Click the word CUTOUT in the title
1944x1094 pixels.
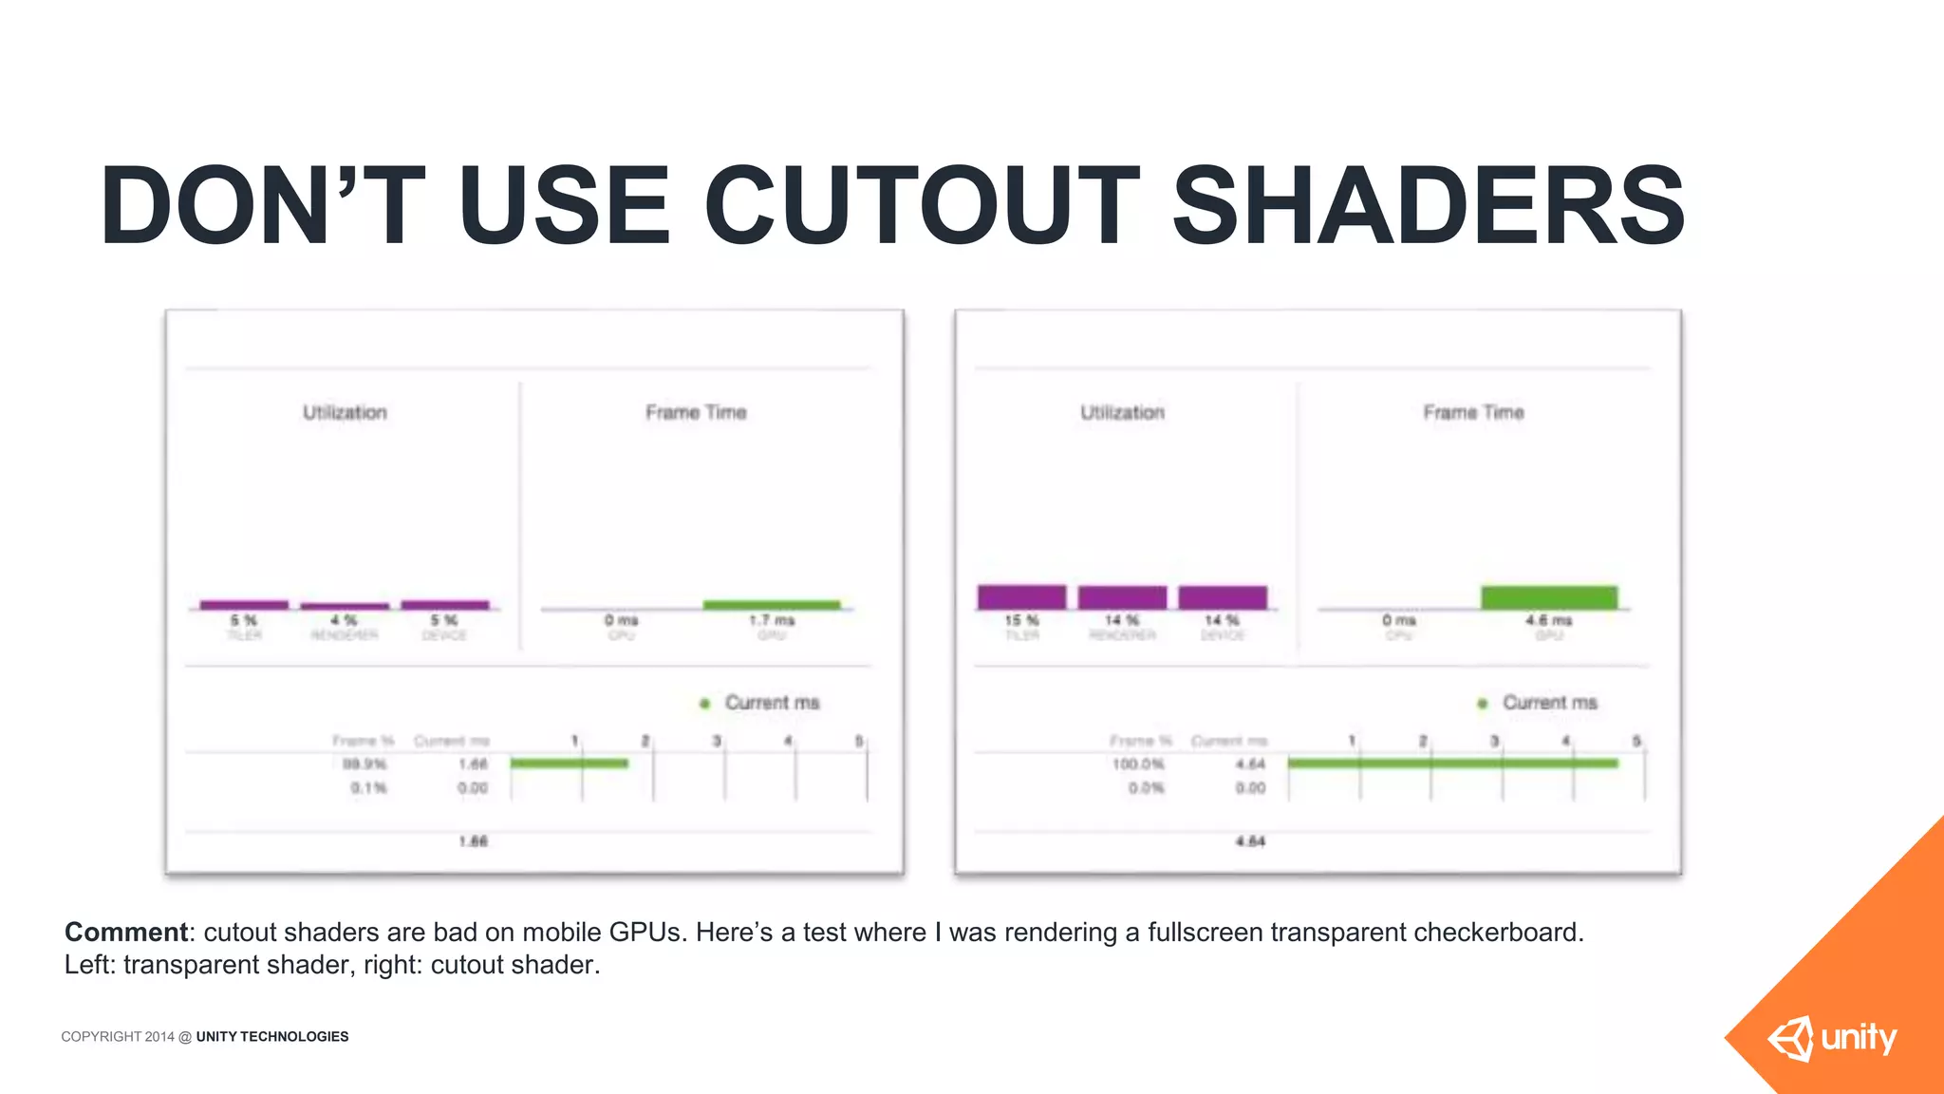point(921,205)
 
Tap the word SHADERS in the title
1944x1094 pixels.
point(1429,205)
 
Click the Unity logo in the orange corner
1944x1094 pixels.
point(1832,1038)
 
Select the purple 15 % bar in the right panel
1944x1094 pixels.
point(1021,597)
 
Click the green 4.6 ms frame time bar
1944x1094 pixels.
point(1549,597)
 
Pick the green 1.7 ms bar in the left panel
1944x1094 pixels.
point(772,605)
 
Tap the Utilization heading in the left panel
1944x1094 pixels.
point(345,412)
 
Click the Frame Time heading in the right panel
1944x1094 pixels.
point(1473,412)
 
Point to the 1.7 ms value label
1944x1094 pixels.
point(772,620)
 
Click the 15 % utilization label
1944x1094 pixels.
point(1021,620)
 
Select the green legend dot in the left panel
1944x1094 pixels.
point(704,704)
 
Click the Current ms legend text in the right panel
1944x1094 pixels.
point(1549,703)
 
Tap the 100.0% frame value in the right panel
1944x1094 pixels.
point(1138,764)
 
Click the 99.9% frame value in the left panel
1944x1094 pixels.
point(364,764)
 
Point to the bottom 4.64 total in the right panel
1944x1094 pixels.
point(1250,841)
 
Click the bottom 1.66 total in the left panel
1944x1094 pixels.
point(473,841)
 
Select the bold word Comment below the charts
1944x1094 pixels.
point(126,933)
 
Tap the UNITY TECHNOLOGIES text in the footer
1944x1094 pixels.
point(272,1037)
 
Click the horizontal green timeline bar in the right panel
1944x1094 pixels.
point(1452,763)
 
